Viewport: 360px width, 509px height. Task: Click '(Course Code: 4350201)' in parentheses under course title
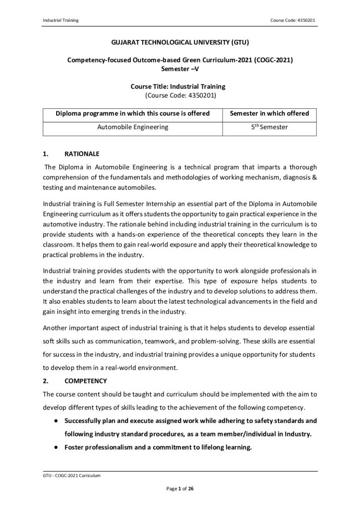click(180, 94)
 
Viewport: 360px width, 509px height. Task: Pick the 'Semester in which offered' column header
click(269, 113)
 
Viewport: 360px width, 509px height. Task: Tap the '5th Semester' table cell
click(269, 127)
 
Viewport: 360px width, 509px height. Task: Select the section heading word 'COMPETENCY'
click(86, 381)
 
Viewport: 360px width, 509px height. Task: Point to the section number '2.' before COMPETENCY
click(46, 381)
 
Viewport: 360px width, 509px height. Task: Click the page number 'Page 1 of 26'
click(180, 489)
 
